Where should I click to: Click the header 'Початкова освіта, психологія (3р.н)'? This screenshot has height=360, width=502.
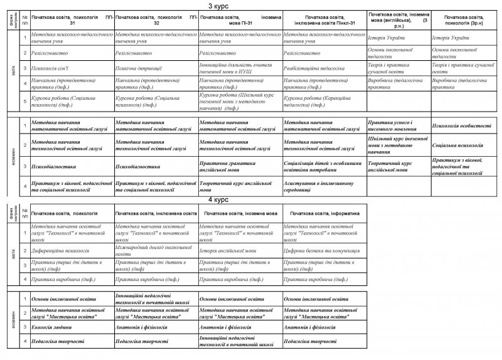tap(464, 18)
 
